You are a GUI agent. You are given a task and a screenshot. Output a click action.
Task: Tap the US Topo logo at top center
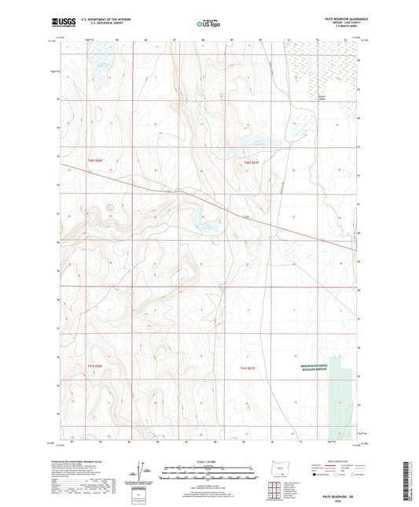click(x=207, y=24)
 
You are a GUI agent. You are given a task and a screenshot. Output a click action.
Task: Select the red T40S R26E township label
click(x=95, y=161)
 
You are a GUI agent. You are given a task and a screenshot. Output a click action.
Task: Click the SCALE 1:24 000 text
click(x=208, y=461)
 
